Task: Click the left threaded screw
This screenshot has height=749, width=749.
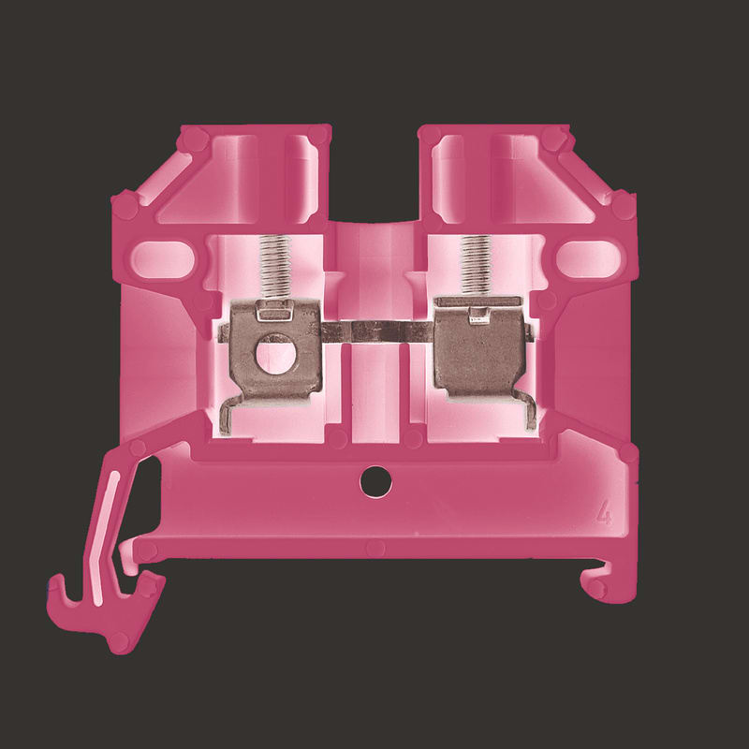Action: point(275,267)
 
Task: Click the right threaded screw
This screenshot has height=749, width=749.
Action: point(476,265)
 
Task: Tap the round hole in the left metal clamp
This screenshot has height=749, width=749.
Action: point(276,354)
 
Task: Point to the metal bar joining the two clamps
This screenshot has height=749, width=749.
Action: point(377,331)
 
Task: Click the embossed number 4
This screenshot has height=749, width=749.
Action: point(604,512)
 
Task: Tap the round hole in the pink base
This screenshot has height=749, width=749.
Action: point(376,481)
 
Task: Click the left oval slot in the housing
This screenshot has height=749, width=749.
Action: point(163,259)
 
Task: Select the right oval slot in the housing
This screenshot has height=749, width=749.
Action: point(589,259)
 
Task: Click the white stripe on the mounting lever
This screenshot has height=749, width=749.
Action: point(106,537)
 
